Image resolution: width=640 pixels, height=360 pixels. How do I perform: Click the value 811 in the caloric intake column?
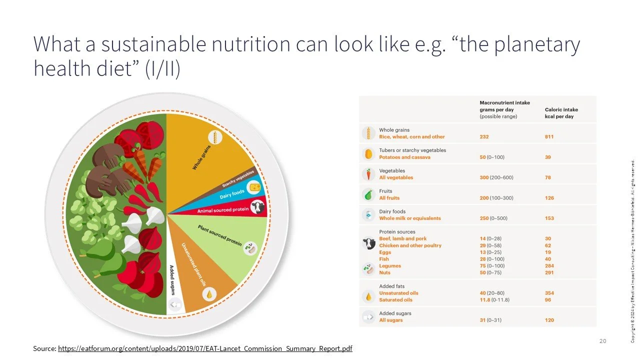[x=549, y=136]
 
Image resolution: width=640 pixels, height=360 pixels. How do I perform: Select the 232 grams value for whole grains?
[x=484, y=136]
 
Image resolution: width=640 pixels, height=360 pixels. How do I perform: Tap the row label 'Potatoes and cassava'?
[x=404, y=157]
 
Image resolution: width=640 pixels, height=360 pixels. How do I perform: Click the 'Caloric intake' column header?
[x=561, y=110]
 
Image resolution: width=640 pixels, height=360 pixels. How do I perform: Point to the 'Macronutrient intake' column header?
[x=504, y=103]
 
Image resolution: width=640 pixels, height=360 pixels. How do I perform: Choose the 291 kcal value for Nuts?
[x=549, y=272]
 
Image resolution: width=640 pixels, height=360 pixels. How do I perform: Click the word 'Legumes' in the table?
[x=390, y=266]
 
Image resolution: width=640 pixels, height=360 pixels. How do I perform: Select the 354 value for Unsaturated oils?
[x=549, y=293]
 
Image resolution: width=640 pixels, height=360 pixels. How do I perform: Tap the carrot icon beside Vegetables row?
[x=368, y=174]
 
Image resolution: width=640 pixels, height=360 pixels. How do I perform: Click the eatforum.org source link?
[x=205, y=348]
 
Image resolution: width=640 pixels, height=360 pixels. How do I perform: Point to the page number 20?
[x=602, y=341]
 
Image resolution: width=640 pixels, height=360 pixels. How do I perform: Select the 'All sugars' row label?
[x=390, y=320]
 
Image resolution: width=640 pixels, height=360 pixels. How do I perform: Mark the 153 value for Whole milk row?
[x=549, y=218]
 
